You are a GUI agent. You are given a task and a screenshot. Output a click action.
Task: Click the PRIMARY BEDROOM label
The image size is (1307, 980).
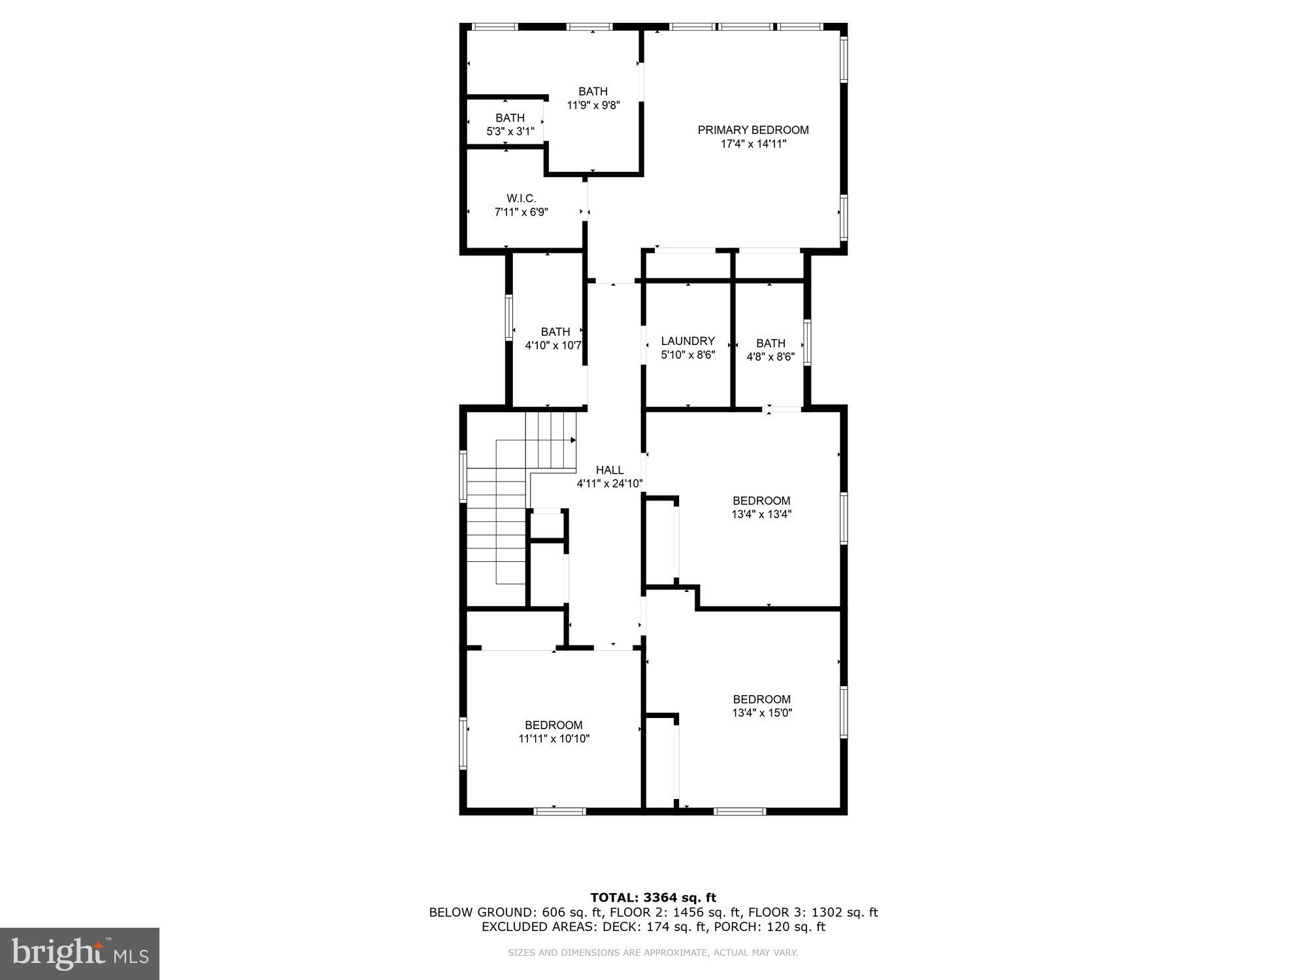click(x=753, y=130)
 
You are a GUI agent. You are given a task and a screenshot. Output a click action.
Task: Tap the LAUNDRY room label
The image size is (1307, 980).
click(x=687, y=341)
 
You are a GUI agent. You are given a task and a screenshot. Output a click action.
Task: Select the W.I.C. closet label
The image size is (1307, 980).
click(x=521, y=198)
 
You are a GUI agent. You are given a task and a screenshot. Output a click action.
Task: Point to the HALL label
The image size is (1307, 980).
click(x=610, y=470)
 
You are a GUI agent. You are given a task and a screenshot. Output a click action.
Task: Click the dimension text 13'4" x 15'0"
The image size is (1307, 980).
click(x=762, y=713)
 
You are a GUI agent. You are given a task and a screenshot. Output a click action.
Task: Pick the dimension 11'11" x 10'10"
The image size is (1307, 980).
click(x=554, y=739)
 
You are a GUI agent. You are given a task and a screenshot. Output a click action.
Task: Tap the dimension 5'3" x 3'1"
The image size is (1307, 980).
click(x=510, y=131)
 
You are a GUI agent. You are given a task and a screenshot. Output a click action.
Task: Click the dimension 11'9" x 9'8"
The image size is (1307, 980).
click(x=593, y=105)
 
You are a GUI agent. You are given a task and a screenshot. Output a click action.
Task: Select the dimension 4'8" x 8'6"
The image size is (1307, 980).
click(x=770, y=357)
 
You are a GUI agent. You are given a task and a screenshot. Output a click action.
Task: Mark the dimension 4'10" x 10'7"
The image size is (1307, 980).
click(x=554, y=345)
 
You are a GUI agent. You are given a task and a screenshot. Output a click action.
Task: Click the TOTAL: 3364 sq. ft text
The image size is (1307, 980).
click(x=653, y=898)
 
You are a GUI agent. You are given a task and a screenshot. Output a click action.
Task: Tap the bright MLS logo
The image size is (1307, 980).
click(x=80, y=954)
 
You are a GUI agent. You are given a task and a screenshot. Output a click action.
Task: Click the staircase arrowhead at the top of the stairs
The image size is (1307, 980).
click(x=572, y=440)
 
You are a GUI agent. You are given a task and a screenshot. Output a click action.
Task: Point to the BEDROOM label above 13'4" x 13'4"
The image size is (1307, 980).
click(x=761, y=500)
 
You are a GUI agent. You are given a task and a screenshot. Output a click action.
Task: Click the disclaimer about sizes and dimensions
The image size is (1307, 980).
click(x=653, y=953)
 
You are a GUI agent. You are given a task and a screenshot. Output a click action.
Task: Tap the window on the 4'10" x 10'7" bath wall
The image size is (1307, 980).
click(x=509, y=318)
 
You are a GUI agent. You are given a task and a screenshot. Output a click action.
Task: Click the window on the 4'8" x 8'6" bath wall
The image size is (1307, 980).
click(x=807, y=342)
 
